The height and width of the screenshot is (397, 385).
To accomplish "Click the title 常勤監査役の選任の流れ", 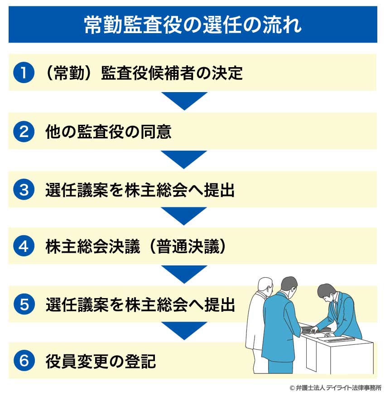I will click(x=192, y=25).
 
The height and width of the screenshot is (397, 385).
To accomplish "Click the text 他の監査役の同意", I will click(x=108, y=132).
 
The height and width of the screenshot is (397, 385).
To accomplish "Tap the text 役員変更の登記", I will click(x=101, y=362).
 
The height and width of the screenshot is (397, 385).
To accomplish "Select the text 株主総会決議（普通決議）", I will click(x=135, y=247).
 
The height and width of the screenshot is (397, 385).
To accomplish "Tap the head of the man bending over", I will click(x=326, y=292).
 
